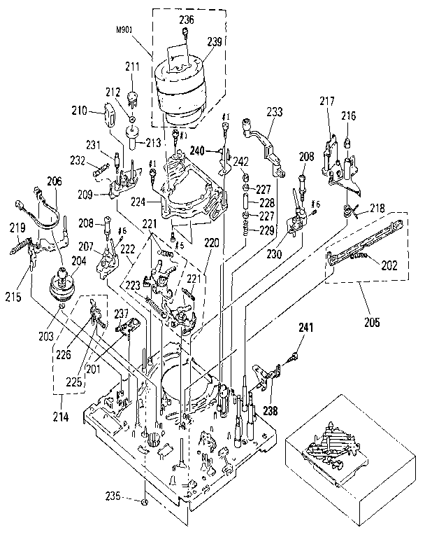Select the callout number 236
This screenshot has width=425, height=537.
[187, 18]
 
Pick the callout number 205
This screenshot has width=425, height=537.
[371, 322]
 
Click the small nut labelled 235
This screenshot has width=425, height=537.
[144, 502]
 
